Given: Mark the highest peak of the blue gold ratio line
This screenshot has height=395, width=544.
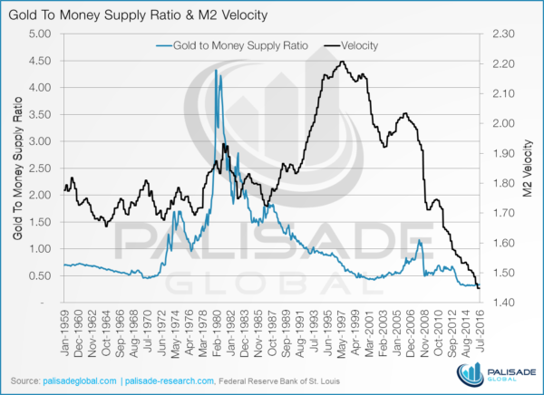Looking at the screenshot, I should [x=216, y=71].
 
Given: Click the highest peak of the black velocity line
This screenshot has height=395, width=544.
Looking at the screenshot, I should [x=342, y=62].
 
